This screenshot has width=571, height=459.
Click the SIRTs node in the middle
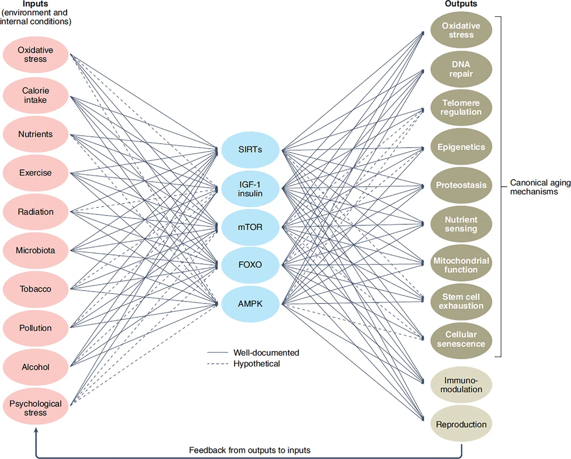pos(250,150)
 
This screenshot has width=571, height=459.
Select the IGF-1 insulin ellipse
pos(250,189)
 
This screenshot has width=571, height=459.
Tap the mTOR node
pos(250,227)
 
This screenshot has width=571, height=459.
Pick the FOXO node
pos(250,265)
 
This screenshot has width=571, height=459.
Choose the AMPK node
pos(250,304)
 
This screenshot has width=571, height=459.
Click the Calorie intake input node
pos(36,96)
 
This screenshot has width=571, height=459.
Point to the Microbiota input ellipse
pos(36,251)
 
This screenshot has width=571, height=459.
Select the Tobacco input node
pos(36,289)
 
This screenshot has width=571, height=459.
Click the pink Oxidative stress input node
pos(36,55)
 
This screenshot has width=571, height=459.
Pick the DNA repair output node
pos(461,69)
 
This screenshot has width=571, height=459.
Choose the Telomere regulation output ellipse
pos(461,107)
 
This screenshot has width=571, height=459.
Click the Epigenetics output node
pos(461,146)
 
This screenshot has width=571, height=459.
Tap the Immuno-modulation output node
pos(461,385)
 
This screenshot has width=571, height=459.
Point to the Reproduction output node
pos(461,423)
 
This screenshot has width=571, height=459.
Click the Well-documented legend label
pos(266,352)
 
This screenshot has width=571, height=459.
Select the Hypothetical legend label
pos(256,364)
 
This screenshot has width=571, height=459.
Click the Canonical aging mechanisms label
pos(540,187)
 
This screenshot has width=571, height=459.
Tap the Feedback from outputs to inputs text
pos(250,450)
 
